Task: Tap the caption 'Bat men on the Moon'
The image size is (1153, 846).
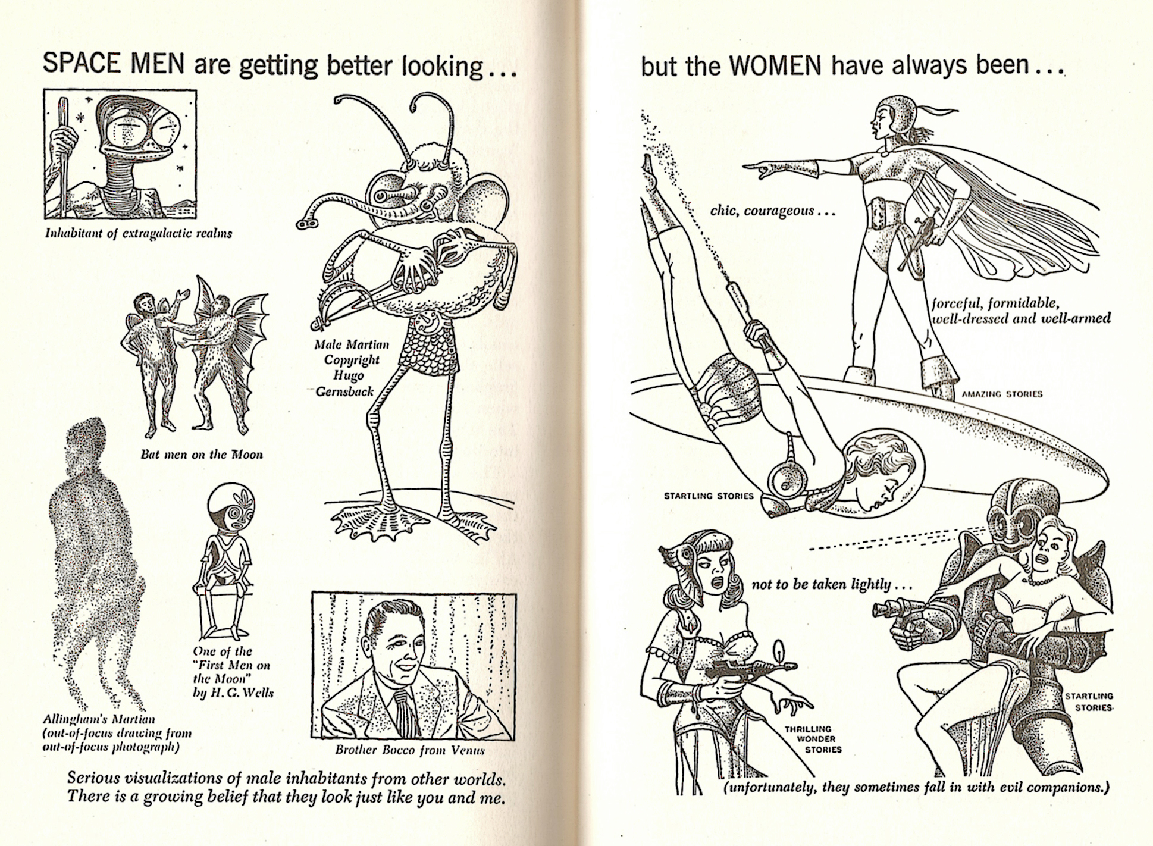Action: click(202, 455)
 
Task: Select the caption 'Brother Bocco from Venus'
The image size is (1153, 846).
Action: click(410, 750)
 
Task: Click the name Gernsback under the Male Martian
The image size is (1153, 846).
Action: click(345, 391)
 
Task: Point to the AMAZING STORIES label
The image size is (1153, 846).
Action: click(1002, 394)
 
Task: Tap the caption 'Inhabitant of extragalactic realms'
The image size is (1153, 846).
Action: click(139, 233)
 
